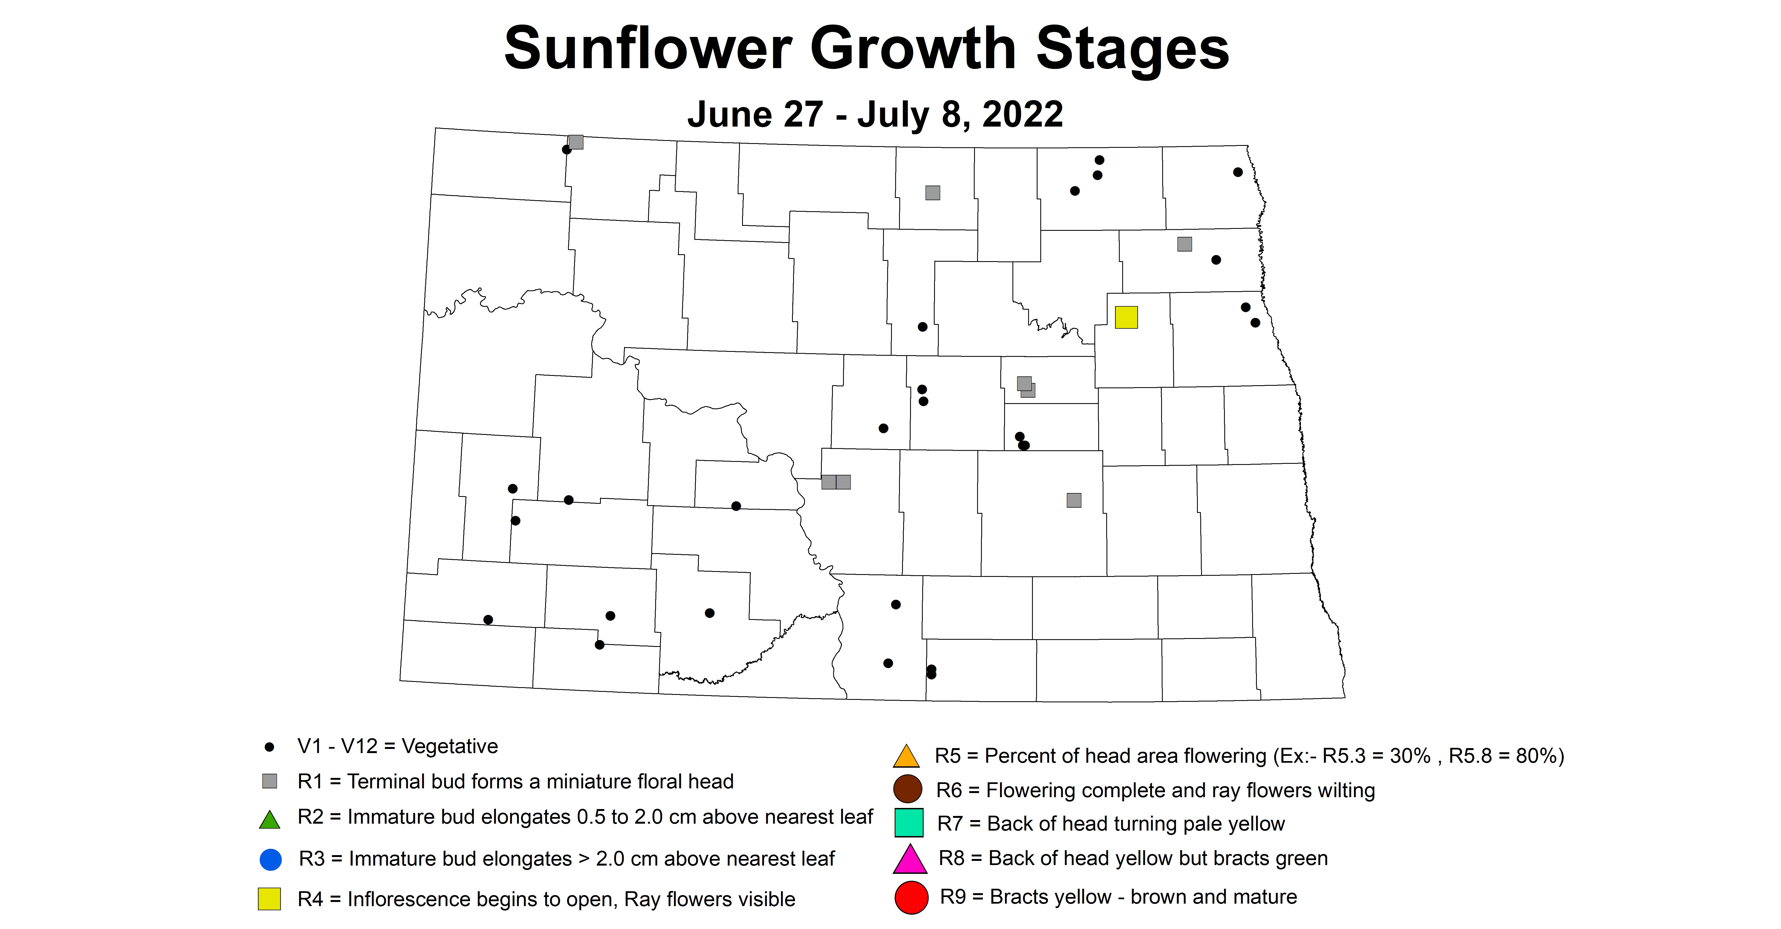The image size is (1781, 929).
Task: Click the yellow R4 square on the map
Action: tap(1126, 317)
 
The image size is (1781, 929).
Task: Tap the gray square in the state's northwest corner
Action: tap(575, 142)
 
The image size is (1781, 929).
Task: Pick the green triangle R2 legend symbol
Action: tap(270, 820)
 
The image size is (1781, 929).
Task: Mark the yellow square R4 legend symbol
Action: tap(270, 899)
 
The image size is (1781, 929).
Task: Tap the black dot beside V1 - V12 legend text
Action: tap(270, 747)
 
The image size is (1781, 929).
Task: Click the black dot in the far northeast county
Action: tap(1238, 172)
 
